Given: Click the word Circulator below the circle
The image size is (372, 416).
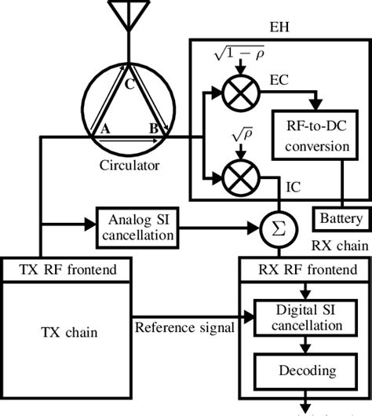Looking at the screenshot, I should (x=129, y=166).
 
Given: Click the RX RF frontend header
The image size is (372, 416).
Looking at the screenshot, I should (x=304, y=270).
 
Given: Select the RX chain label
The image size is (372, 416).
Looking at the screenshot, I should (x=337, y=245).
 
